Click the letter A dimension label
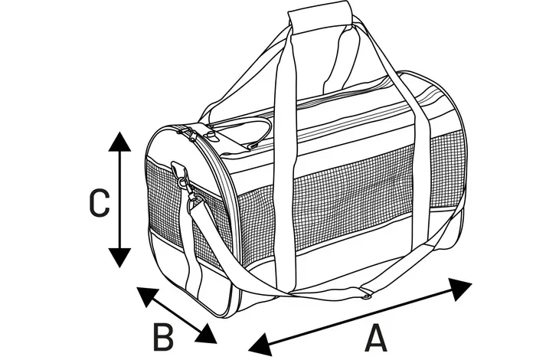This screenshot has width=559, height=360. tap(375, 337)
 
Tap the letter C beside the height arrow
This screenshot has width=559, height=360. tap(100, 203)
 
